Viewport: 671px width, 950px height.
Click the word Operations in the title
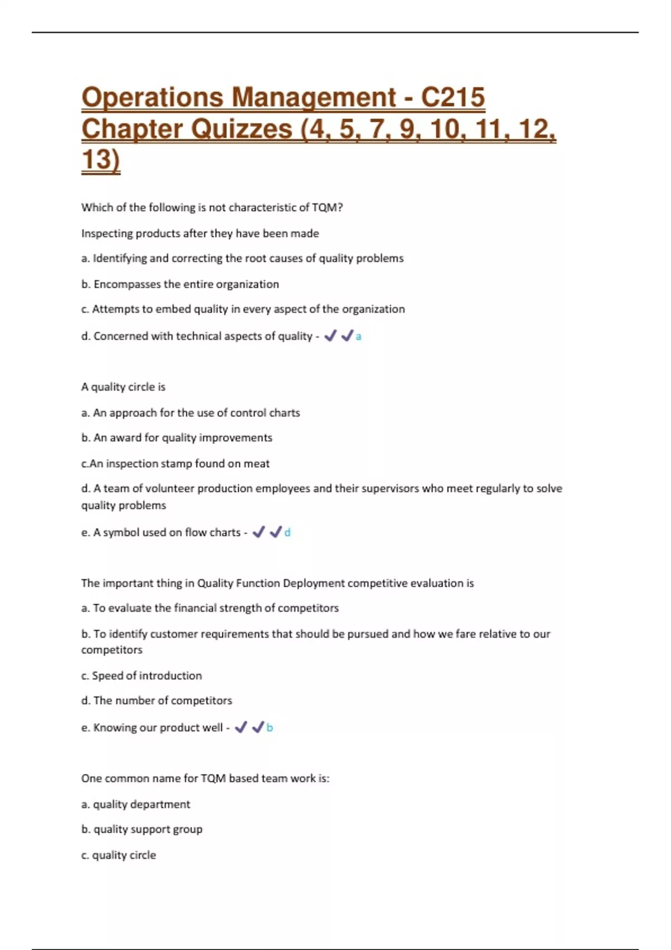pos(152,97)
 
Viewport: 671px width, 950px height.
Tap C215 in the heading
pos(452,97)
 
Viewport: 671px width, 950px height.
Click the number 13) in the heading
pos(101,160)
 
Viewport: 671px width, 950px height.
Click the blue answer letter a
pos(358,336)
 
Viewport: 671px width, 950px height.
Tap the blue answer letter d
pos(287,533)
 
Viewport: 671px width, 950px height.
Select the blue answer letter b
pos(270,728)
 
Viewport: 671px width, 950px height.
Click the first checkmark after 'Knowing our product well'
pos(241,727)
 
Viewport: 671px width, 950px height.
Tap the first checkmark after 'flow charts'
pos(258,532)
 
